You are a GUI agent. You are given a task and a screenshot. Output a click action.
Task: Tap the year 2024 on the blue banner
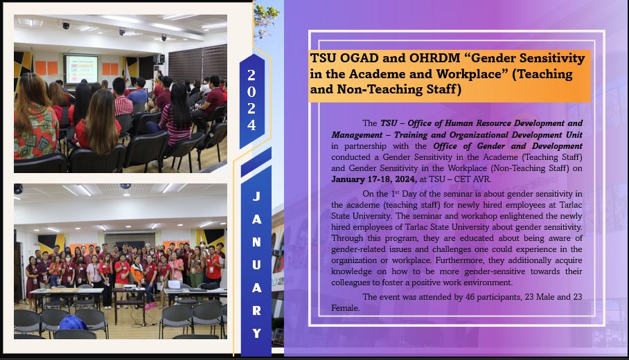tap(251, 100)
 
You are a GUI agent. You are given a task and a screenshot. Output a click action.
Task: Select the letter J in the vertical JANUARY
tap(256, 196)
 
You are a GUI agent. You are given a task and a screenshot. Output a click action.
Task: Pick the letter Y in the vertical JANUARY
tap(257, 333)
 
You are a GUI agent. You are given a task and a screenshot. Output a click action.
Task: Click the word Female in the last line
tap(345, 308)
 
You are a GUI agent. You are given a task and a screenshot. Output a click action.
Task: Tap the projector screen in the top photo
tap(82, 69)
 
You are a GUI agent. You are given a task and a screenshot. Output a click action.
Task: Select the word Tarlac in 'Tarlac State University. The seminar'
tap(569, 205)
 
